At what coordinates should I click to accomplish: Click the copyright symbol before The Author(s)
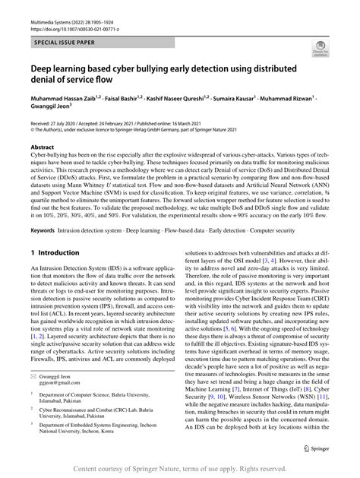tap(33, 128)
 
